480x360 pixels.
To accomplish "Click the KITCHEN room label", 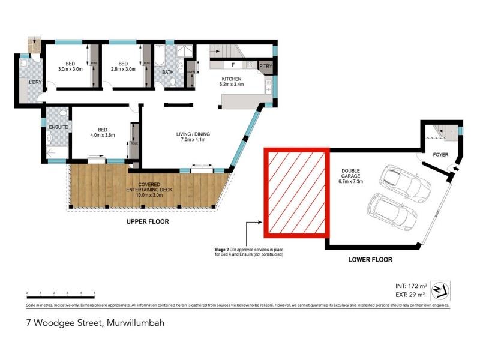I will [x=232, y=79].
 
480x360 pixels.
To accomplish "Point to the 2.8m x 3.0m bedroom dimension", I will [x=123, y=70].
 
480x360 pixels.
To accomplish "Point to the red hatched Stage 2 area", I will [x=297, y=191].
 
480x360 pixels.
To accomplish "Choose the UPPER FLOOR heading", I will [x=147, y=221].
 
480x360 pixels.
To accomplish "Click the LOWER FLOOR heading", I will [x=370, y=260].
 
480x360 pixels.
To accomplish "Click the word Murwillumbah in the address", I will [x=134, y=322].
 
